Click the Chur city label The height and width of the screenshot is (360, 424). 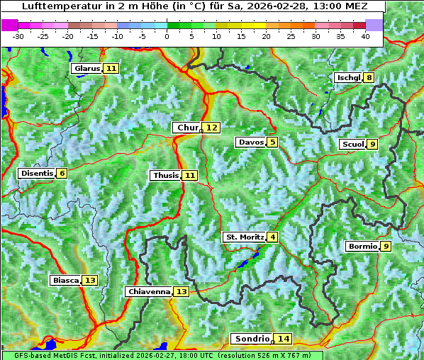pos(188,128)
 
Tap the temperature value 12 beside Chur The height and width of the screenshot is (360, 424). pos(212,128)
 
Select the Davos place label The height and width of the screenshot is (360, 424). pos(251,142)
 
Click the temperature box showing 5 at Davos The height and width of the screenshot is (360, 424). pos(272,142)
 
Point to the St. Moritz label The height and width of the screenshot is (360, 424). pos(245,237)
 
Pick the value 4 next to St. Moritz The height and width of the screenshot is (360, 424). pos(272,237)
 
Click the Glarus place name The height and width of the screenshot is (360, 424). pos(87,68)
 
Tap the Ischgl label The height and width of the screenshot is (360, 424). pos(348,77)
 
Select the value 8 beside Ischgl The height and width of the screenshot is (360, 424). pos(369,77)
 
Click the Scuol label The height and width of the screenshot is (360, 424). pos(352,145)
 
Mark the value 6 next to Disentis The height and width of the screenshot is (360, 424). pos(62,173)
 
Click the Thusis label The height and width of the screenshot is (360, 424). pos(165,175)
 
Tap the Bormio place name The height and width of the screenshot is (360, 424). pos(362,247)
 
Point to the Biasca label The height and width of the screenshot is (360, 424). pos(66,280)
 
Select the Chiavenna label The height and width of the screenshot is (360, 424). pos(149,291)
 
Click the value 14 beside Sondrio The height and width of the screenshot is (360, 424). pos(284,339)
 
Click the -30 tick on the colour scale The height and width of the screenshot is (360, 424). pos(18,35)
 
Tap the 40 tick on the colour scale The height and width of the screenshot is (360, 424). pos(365,35)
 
